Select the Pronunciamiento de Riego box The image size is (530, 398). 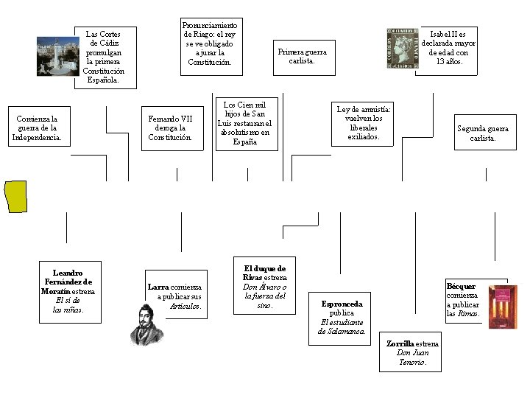pyautogui.click(x=210, y=44)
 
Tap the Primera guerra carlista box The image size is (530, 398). pyautogui.click(x=302, y=56)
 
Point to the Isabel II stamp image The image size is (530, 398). pyautogui.click(x=403, y=49)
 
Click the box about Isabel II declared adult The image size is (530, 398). pyautogui.click(x=448, y=48)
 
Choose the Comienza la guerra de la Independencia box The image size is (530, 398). pyautogui.click(x=38, y=128)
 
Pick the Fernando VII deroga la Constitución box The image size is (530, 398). pyautogui.click(x=170, y=128)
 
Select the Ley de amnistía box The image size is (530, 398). pyautogui.click(x=364, y=123)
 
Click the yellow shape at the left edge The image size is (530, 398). pyautogui.click(x=15, y=197)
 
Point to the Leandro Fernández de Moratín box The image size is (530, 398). pyautogui.click(x=68, y=291)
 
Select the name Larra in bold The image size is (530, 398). pyautogui.click(x=158, y=287)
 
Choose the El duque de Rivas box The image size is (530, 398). pyautogui.click(x=264, y=287)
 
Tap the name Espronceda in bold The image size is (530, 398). pyautogui.click(x=342, y=304)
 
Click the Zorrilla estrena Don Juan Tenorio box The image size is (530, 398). pyautogui.click(x=412, y=353)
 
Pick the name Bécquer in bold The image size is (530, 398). pyautogui.click(x=461, y=286)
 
